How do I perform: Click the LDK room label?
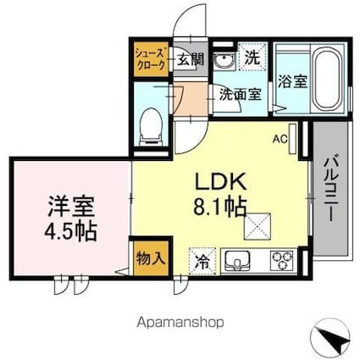(x=221, y=180)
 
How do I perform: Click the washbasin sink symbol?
(x=223, y=62)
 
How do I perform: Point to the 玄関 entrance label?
(x=190, y=59)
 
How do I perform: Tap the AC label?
(x=279, y=141)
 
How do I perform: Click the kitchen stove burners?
(x=281, y=259)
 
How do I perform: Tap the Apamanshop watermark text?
(x=180, y=323)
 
